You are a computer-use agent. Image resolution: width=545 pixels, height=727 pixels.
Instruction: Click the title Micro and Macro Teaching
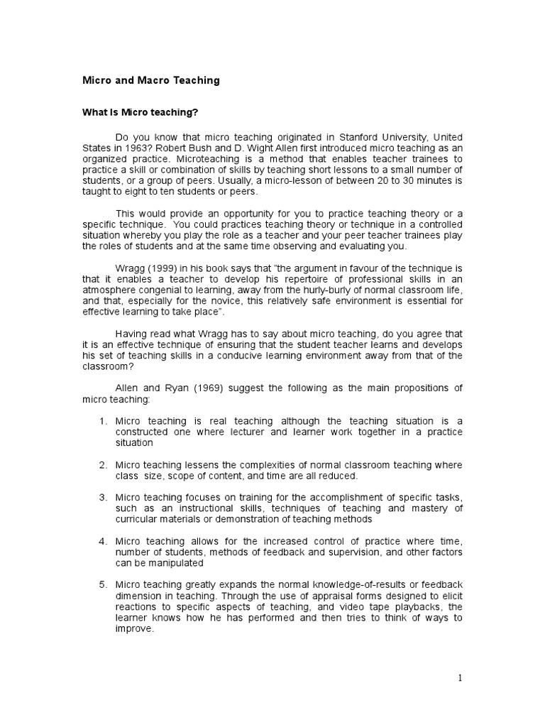151,80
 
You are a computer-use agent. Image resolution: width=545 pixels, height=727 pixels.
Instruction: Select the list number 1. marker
103,421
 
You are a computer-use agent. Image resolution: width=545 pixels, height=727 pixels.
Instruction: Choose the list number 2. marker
103,465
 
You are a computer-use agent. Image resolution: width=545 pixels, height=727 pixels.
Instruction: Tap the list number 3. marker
103,498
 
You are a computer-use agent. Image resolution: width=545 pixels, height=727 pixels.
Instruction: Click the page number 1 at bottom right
460,678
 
